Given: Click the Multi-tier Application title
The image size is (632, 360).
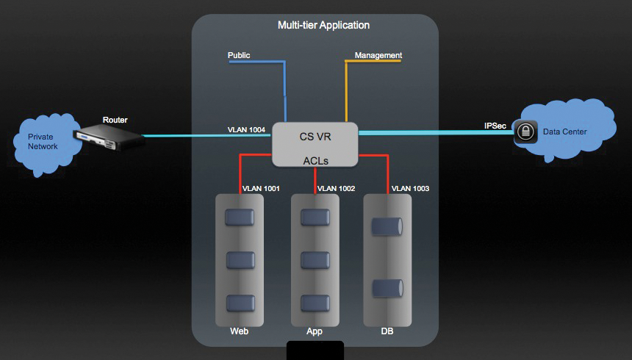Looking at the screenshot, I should tap(323, 25).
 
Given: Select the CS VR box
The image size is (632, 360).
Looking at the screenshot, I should tap(315, 144).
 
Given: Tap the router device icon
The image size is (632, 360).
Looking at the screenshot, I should tap(107, 135).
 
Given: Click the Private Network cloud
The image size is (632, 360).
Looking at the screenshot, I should tap(45, 142).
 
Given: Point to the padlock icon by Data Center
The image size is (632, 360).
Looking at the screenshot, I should tap(524, 132).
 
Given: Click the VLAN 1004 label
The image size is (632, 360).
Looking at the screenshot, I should tap(246, 130).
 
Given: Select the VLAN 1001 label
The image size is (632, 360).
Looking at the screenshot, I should tap(261, 189).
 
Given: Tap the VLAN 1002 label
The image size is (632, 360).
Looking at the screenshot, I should tap(336, 189).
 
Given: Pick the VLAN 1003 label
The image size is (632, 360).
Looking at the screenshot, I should tap(411, 189).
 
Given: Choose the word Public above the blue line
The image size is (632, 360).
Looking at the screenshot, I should tap(240, 55).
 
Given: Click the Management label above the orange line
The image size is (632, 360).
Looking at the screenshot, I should tap(378, 55).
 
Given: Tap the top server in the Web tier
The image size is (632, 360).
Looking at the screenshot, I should tap(240, 218).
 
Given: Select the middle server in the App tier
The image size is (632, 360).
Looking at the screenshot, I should tap(315, 261).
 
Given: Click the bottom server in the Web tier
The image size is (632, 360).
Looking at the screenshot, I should tap(240, 303).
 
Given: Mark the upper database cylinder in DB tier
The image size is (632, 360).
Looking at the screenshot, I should tap(387, 228).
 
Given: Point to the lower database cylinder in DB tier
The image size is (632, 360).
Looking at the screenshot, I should tap(387, 289).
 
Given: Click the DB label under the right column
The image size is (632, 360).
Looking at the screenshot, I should tap(387, 332).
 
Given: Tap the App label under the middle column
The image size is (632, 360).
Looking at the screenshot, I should tap(315, 332).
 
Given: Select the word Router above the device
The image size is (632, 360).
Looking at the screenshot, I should tap(116, 120).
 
